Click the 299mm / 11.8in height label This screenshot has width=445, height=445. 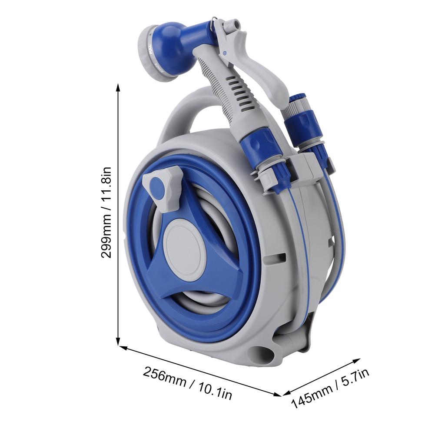click(106, 213)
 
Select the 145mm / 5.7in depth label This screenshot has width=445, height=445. click(330, 388)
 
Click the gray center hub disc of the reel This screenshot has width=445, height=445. click(186, 246)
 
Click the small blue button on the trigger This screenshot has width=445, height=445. click(224, 53)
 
